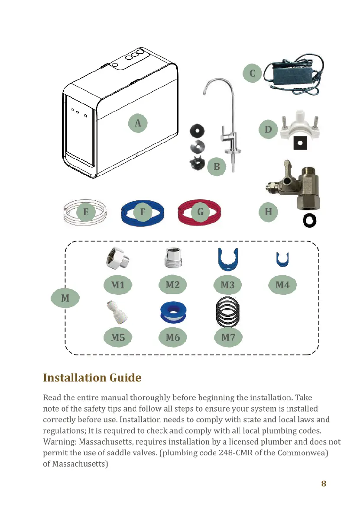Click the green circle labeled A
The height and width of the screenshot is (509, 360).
point(138,123)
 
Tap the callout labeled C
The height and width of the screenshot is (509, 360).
point(253,73)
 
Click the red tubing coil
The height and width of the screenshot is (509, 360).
point(200,212)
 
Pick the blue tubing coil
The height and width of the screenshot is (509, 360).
point(142,212)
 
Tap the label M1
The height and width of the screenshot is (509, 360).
point(117,285)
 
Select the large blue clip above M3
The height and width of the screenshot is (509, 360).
point(227,259)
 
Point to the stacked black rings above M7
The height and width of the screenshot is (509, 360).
point(227,312)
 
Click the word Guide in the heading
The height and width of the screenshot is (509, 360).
point(123,378)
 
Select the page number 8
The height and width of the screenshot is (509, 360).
point(324,483)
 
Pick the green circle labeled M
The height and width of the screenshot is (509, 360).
point(65,298)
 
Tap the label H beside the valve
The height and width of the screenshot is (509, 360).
point(268,212)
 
